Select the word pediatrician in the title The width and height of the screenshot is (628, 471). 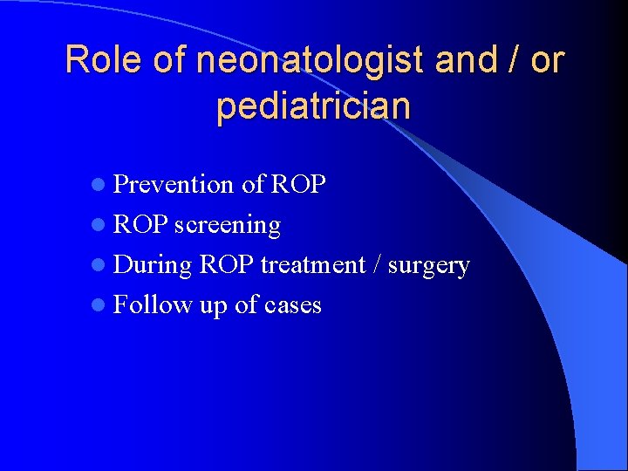pos(313,106)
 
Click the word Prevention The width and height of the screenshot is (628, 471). pos(174,185)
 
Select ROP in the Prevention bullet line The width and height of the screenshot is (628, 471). pos(298,185)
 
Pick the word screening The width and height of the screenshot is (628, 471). pos(228,225)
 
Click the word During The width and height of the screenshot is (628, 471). pos(153,265)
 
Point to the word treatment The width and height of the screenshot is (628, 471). pos(312,265)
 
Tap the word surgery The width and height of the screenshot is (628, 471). pos(429,265)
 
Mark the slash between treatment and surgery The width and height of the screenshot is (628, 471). pos(377,265)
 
